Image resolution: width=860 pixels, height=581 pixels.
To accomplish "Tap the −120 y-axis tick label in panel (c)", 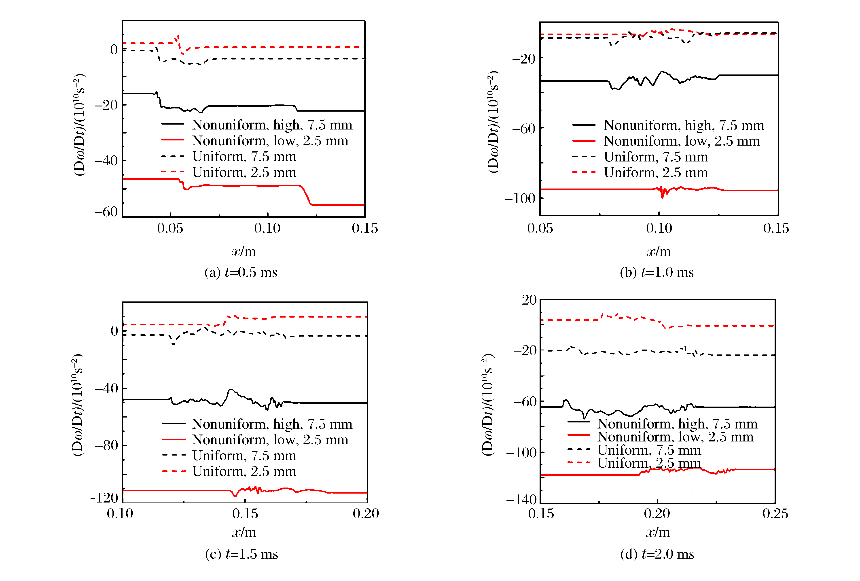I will click(x=105, y=498).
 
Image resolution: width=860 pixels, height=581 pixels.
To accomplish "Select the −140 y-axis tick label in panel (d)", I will click(x=521, y=500).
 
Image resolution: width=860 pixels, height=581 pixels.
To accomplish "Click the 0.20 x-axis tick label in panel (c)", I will click(x=366, y=514).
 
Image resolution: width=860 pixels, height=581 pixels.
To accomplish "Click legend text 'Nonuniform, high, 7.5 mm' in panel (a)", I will click(x=272, y=125).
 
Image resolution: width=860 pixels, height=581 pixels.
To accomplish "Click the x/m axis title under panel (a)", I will click(x=244, y=252).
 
